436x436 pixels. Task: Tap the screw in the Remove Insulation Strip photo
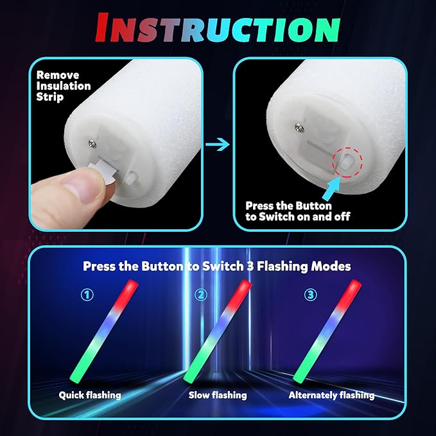92,144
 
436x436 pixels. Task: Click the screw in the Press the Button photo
299,127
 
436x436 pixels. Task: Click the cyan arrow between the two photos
218,144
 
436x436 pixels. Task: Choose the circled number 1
87,295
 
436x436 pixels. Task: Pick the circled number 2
201,295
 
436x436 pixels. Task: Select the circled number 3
311,295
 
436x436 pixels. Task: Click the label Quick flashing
90,395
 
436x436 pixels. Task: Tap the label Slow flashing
218,395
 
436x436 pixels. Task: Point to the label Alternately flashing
331,395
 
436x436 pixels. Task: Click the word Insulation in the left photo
64,86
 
